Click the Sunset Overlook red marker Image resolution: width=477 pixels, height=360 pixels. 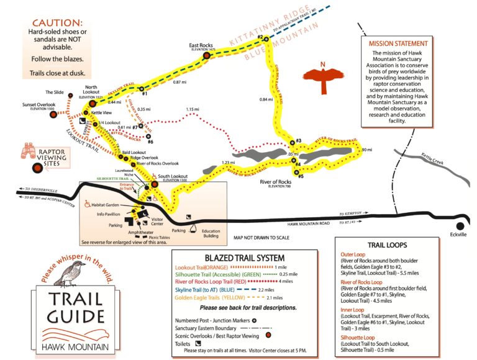[x=53, y=115]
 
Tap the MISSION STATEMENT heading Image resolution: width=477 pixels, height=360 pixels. [x=397, y=44]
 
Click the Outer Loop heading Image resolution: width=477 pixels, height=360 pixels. [x=352, y=254]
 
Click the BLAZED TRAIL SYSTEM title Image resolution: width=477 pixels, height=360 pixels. [x=244, y=258]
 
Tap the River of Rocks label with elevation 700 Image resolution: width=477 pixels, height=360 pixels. [x=275, y=182]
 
